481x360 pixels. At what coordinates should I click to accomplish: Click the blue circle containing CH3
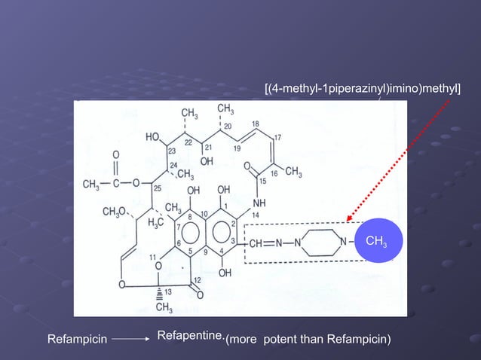point(375,240)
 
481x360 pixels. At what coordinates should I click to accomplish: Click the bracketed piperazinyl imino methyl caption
point(363,90)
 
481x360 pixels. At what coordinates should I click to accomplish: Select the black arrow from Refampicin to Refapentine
point(133,340)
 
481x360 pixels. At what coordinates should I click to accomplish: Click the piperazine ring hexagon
point(321,242)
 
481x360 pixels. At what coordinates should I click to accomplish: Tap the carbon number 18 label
point(256,124)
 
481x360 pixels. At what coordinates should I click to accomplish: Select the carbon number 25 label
point(157,188)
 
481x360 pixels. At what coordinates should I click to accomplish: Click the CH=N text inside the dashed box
point(265,243)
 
